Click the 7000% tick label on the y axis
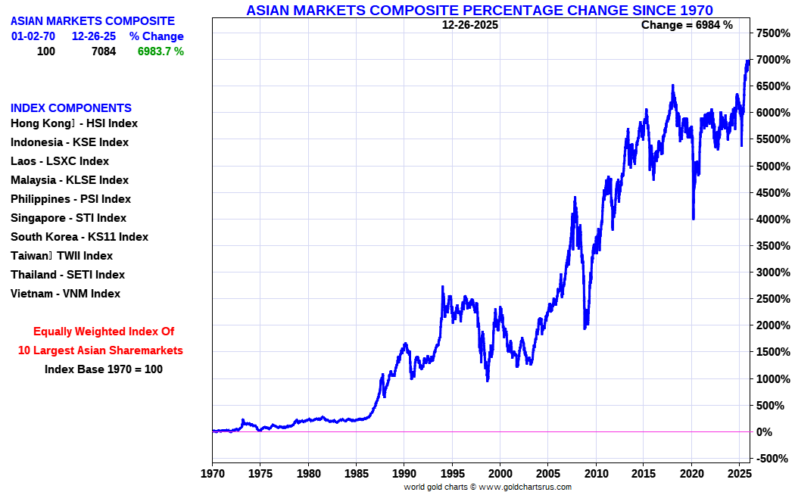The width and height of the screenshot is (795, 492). coord(774,60)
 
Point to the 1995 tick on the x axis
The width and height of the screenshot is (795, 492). coord(452,475)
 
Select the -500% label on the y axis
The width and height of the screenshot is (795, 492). coord(774,459)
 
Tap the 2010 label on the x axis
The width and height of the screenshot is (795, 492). coord(597,475)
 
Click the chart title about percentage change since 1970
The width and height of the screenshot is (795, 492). coord(479,10)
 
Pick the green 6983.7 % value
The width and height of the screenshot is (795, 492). coord(161,51)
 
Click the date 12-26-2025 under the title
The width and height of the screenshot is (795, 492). coord(470,24)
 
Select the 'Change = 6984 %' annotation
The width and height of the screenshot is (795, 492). coord(687,24)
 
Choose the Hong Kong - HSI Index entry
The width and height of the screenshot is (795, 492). coord(74,123)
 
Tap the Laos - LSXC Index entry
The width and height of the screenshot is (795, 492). coord(60,161)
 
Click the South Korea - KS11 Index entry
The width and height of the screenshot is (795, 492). coord(79,237)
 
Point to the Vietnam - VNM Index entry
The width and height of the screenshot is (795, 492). coord(65,294)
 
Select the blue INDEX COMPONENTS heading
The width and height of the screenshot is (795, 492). coord(71,108)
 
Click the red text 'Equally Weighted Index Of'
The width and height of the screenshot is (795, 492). coord(104,332)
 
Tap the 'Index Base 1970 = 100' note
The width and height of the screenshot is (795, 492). coord(104,369)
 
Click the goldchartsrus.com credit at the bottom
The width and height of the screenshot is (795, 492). coord(488,487)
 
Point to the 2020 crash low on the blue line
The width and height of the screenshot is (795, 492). coord(693,219)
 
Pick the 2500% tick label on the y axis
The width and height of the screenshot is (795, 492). coord(774,299)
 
